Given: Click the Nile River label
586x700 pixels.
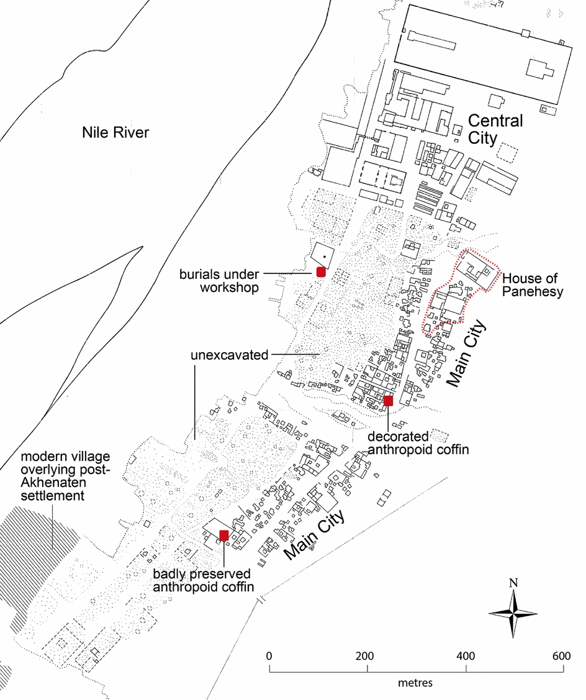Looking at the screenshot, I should point(116,132).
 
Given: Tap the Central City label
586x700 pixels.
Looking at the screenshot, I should point(495,129).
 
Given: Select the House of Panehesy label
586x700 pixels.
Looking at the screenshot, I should point(533,284).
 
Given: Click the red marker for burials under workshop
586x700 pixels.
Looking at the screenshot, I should point(321,271).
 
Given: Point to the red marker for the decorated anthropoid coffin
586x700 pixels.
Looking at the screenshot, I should point(389,401).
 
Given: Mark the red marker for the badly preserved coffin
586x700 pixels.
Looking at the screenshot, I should point(224,535).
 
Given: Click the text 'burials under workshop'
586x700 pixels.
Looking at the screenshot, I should point(220,281).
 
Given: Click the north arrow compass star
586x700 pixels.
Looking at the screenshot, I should point(513,613).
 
